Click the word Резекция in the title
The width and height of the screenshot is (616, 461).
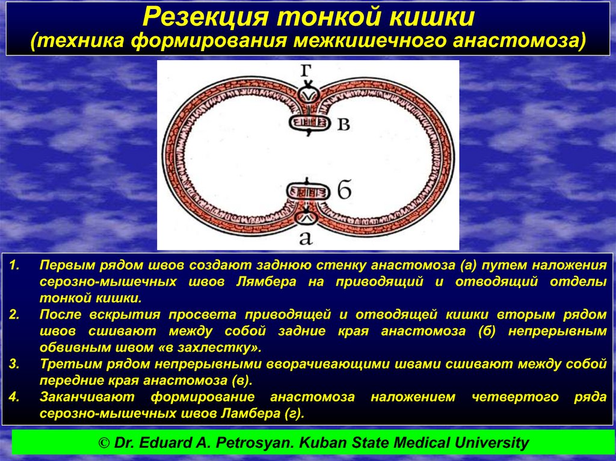coord(206,17)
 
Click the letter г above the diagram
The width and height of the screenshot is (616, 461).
coord(306,71)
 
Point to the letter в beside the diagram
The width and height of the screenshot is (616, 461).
coord(343,124)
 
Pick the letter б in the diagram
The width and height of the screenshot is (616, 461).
coord(344,191)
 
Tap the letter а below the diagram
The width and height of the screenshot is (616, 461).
coord(306,237)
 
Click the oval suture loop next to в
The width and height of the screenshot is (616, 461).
coord(309,123)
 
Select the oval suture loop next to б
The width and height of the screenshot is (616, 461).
coord(307,192)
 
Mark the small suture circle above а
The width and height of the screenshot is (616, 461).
coord(306,218)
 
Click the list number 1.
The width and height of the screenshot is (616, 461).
coord(14,265)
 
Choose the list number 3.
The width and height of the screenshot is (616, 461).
coord(14,364)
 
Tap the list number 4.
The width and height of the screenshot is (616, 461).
coord(14,397)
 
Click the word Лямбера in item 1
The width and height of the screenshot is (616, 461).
coord(266,282)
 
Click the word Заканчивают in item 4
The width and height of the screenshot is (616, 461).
coord(87,397)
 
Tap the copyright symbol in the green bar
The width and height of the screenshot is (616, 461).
coord(104,443)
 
